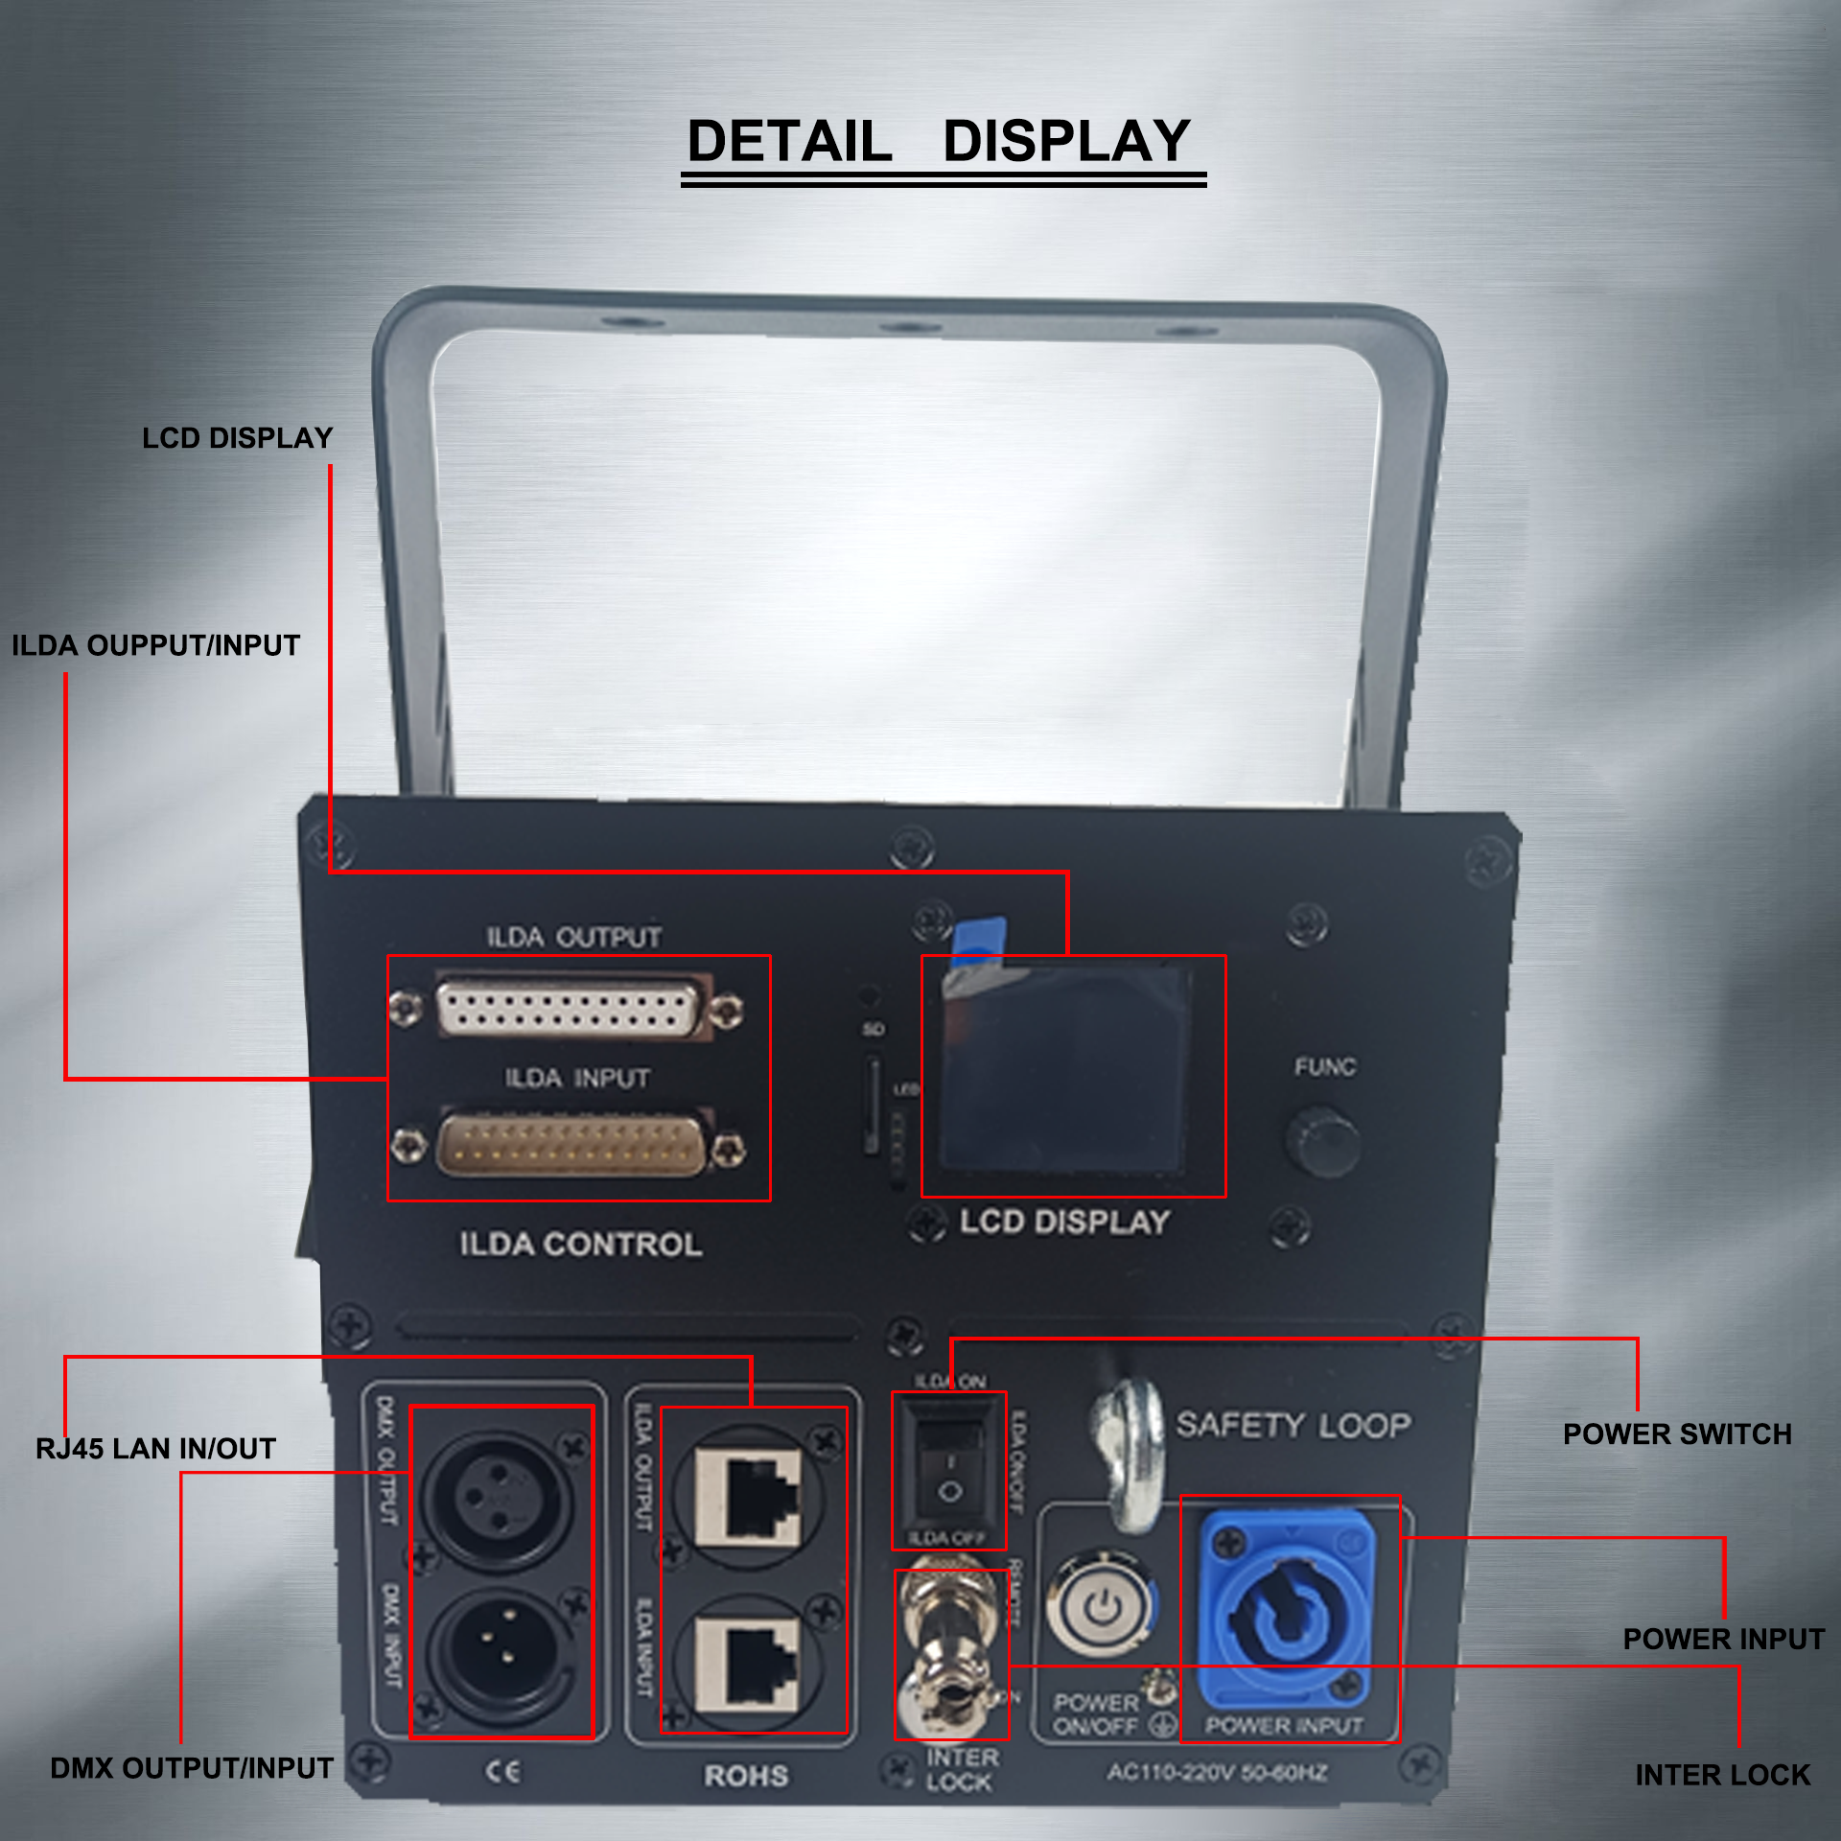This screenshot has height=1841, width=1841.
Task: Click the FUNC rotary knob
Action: (x=1323, y=1141)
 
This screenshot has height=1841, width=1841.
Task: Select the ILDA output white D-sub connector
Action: (x=569, y=1008)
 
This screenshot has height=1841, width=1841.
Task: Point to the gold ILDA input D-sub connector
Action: (x=571, y=1146)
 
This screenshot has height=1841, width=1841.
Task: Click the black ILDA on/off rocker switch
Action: (x=949, y=1467)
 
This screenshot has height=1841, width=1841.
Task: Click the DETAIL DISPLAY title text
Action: (x=940, y=142)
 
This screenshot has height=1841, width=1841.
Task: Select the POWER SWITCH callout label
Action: (x=1677, y=1434)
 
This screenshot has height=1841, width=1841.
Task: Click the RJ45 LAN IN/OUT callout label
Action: (x=155, y=1449)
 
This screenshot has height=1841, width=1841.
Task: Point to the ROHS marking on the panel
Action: (x=746, y=1776)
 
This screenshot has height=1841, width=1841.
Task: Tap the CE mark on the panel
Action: (x=503, y=1771)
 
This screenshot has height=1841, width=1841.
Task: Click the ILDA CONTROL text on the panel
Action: (x=581, y=1245)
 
